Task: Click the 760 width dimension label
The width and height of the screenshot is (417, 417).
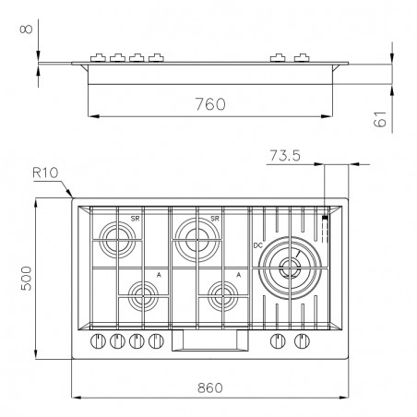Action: point(210,104)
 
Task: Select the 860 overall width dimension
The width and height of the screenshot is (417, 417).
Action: point(210,387)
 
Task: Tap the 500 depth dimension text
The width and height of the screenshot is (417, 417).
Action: point(27,279)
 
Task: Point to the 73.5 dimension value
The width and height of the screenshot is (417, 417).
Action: point(285,155)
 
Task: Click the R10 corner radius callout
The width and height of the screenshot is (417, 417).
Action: point(45,173)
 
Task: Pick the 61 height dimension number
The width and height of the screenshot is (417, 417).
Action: point(380,119)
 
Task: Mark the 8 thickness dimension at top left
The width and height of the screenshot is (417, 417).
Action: point(26,29)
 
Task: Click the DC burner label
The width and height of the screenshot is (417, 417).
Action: point(258,245)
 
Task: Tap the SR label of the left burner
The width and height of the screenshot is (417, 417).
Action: point(135,219)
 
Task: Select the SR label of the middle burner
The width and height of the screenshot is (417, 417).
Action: point(215,219)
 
